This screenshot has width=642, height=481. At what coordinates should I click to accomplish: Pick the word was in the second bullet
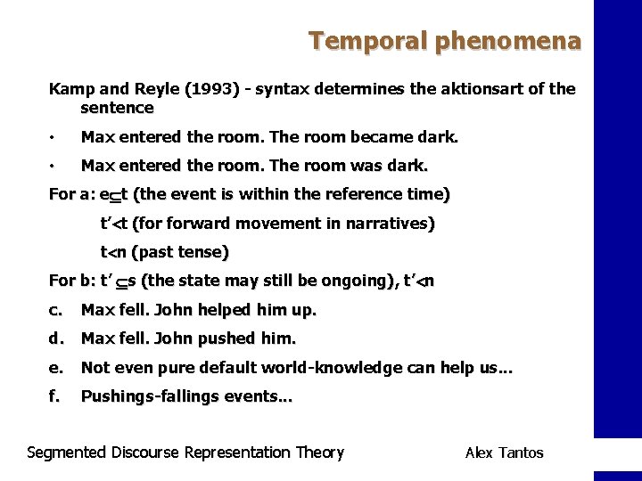click(x=364, y=166)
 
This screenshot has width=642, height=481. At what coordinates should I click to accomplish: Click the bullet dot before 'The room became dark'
click(x=53, y=138)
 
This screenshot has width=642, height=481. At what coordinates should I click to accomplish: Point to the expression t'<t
click(x=114, y=223)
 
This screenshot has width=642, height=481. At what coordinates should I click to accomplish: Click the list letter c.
click(x=56, y=310)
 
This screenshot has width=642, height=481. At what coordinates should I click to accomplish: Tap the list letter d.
click(x=56, y=338)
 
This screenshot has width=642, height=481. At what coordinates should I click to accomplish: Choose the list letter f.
click(x=55, y=395)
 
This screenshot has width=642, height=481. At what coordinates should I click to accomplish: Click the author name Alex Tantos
click(x=504, y=452)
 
